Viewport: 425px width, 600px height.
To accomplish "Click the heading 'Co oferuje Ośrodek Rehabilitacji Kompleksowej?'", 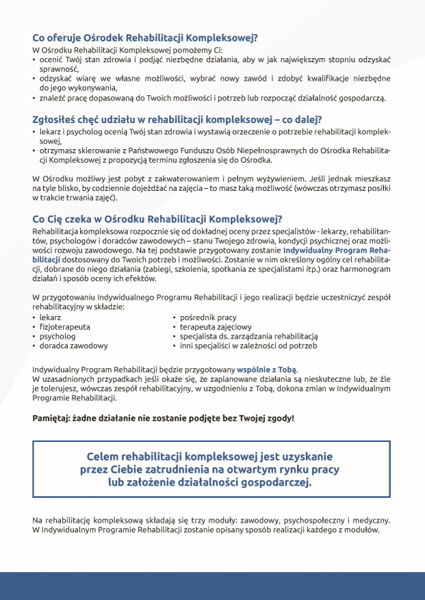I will pyautogui.click(x=149, y=39).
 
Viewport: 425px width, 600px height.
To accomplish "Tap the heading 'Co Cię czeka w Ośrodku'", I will pyautogui.click(x=157, y=219).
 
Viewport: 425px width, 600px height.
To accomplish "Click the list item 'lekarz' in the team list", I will pyautogui.click(x=51, y=318).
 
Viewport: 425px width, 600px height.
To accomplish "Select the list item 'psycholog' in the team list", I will pyautogui.click(x=57, y=337).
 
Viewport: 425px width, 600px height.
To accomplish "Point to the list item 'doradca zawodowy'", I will pyautogui.click(x=73, y=346).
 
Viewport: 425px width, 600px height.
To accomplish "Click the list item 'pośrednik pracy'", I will pyautogui.click(x=208, y=318).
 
